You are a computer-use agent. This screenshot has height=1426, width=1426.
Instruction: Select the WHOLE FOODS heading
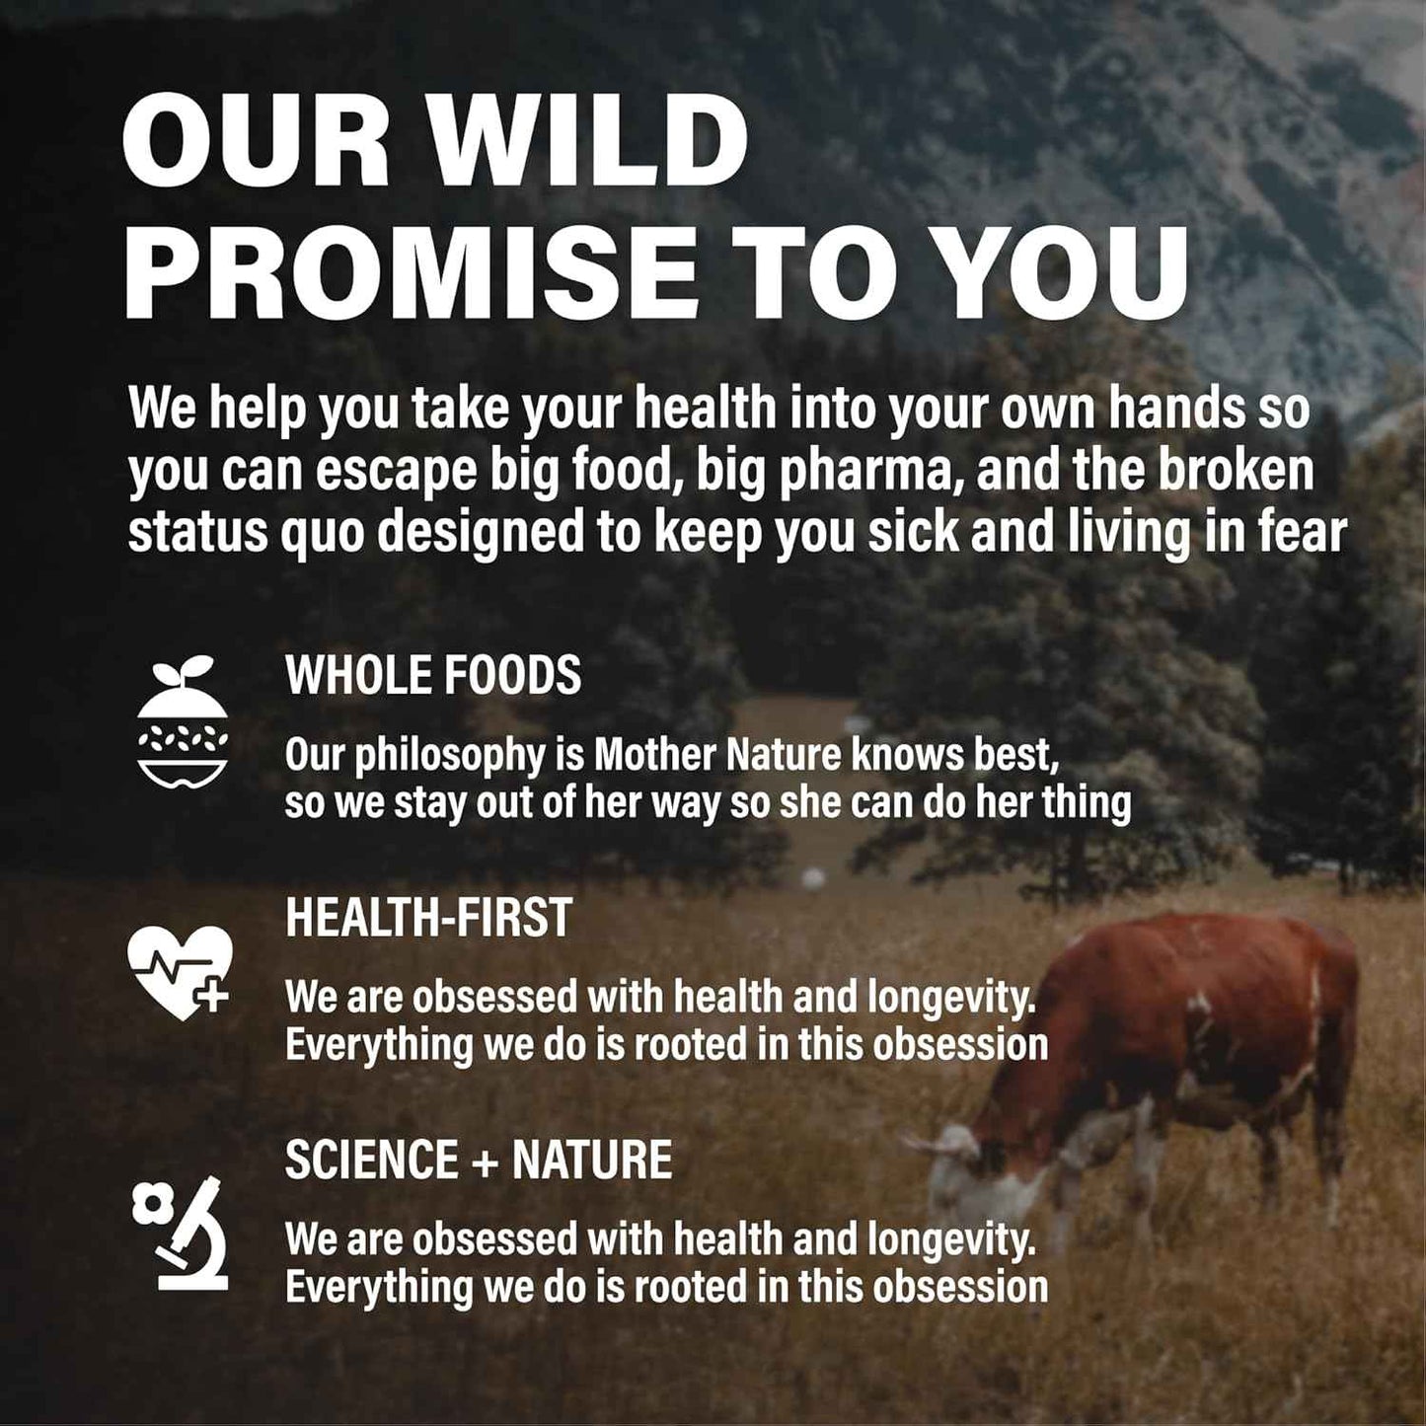[x=433, y=676]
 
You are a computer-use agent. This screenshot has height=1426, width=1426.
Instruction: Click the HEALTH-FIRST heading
[x=428, y=918]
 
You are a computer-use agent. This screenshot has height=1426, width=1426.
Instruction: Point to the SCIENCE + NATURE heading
[x=479, y=1160]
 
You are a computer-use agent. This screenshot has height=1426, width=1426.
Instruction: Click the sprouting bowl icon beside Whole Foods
[x=183, y=722]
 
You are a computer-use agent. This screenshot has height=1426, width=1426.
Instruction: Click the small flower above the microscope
[x=153, y=1203]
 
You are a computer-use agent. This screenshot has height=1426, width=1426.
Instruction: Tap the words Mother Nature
[x=717, y=756]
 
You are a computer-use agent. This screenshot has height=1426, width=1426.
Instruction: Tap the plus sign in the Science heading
[x=485, y=1162]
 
